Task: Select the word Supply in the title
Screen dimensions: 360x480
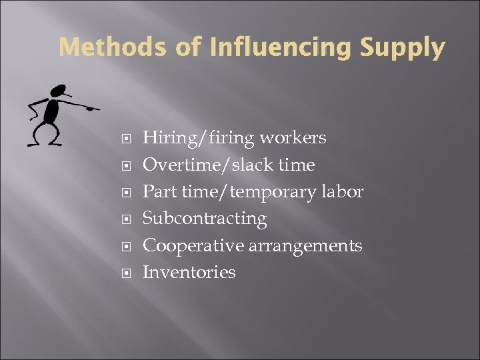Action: tap(402, 48)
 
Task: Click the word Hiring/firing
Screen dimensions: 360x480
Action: tap(199, 139)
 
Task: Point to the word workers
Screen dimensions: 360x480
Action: tap(293, 138)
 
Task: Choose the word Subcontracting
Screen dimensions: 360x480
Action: tap(205, 219)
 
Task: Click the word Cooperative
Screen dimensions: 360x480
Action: tap(193, 246)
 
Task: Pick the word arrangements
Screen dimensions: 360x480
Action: tap(305, 246)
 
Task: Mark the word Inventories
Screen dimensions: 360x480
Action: tap(189, 272)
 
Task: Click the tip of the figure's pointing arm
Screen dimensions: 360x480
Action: tap(98, 108)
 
